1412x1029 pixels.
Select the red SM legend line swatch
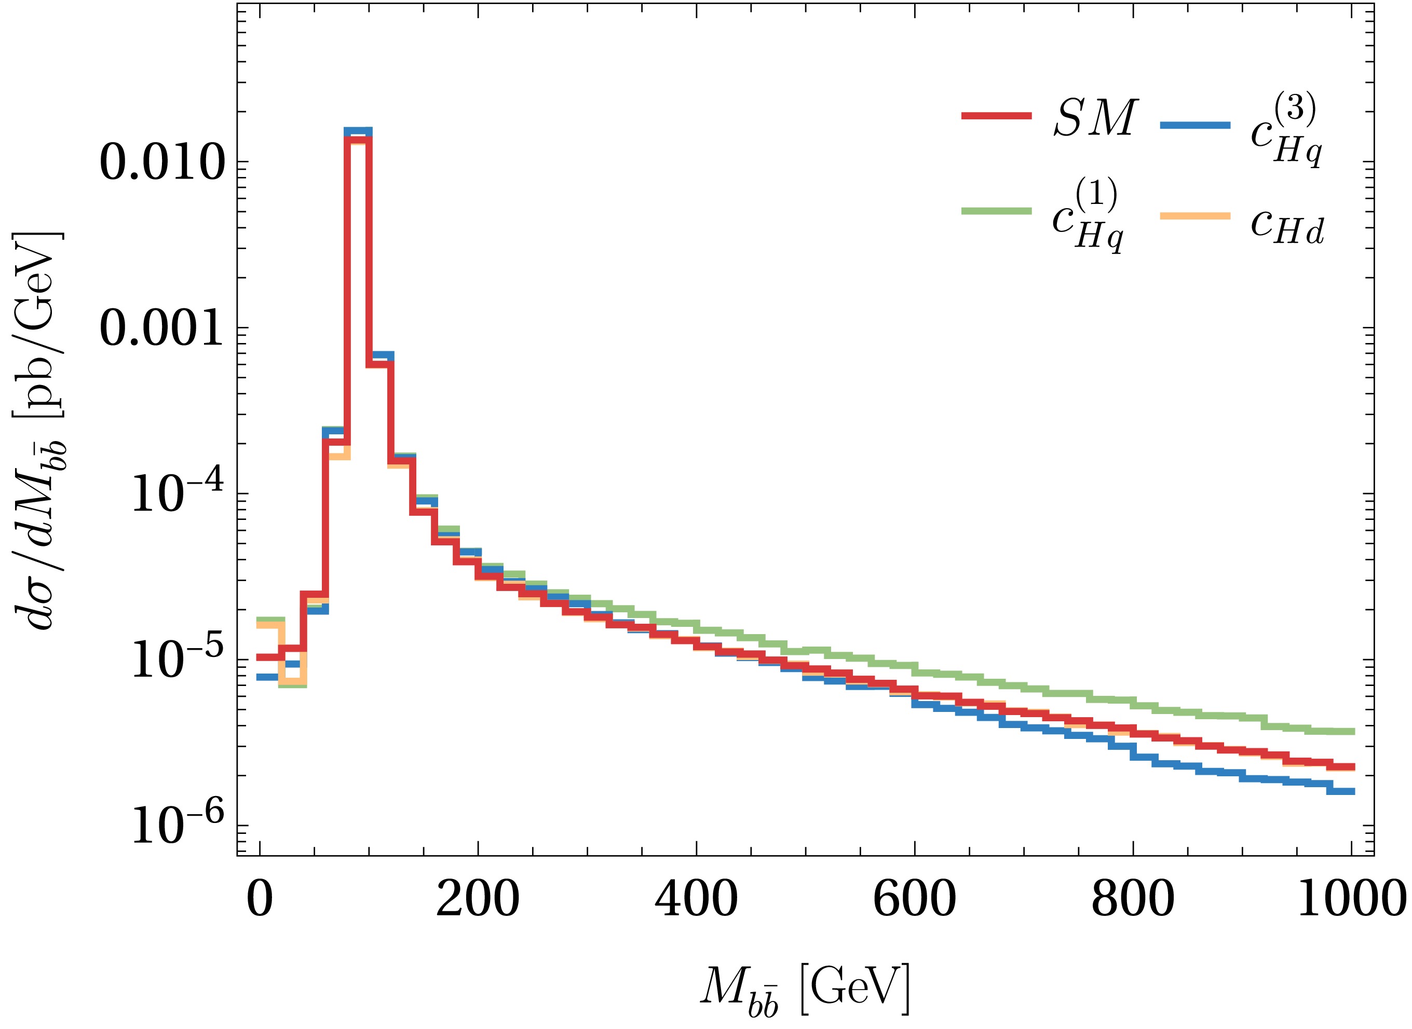[x=996, y=116]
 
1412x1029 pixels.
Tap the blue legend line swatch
[x=1195, y=125]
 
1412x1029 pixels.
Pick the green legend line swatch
[x=996, y=211]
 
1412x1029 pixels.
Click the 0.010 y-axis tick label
[x=161, y=163]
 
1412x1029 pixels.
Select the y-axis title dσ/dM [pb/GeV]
[x=40, y=430]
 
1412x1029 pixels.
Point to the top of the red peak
[x=358, y=140]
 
